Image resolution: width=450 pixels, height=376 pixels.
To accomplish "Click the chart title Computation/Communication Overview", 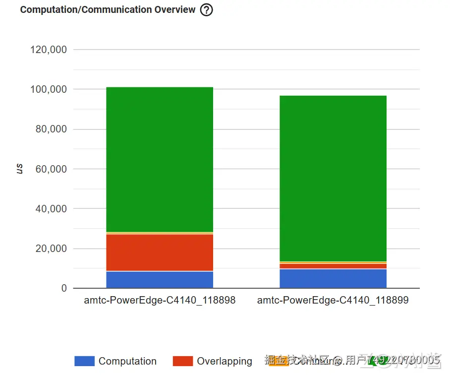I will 108,10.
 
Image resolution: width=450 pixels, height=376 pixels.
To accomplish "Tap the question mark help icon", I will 206,10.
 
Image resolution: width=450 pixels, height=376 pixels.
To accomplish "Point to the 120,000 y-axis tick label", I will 49,50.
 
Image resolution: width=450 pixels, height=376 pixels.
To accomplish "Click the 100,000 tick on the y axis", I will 49,89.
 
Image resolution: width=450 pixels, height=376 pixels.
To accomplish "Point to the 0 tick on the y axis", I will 64,288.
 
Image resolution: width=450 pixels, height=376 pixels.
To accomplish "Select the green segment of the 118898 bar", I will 160,159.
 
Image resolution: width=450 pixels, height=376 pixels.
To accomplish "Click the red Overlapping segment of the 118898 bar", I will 160,252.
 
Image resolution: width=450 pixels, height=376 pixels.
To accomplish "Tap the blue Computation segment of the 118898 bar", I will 160,280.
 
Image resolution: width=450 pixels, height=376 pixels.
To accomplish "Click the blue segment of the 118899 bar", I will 333,279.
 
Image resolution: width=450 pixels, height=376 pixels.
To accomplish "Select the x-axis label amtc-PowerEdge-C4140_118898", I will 160,301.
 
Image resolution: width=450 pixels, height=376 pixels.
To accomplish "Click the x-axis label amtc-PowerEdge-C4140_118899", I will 333,301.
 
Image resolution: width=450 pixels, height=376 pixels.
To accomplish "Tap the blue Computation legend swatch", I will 84,361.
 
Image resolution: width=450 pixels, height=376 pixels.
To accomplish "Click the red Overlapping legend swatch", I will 182,361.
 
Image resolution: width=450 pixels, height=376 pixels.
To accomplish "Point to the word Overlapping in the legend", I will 225,361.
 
